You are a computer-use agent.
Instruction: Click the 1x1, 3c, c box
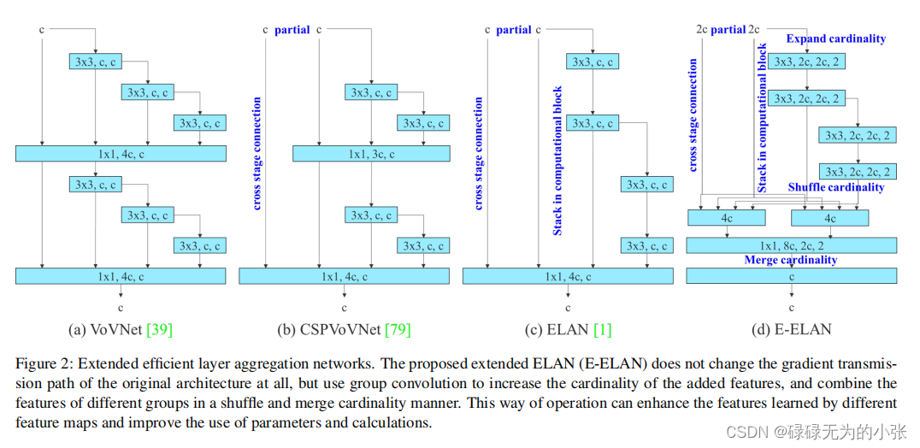[371, 154]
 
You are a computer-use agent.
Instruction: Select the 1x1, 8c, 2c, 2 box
[791, 245]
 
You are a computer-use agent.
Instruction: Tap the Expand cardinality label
[835, 38]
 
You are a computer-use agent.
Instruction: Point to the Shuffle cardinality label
[835, 187]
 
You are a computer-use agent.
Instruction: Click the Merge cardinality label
[791, 260]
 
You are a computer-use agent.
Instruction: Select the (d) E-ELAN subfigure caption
[790, 329]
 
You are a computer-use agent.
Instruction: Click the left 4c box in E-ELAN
[727, 218]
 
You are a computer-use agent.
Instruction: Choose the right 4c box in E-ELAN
[829, 218]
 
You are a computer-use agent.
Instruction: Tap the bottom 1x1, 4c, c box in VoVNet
[121, 276]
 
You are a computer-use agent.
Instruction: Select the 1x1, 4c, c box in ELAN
[568, 276]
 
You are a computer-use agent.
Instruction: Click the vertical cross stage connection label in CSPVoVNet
[257, 154]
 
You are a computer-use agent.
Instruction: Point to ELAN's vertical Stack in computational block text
[557, 161]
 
